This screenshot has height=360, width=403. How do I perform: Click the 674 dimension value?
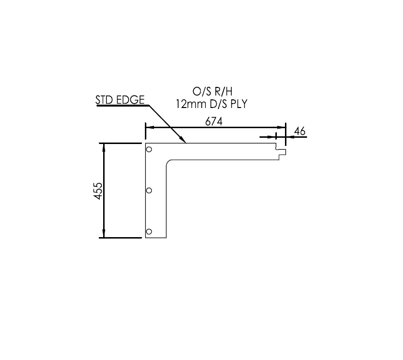214,121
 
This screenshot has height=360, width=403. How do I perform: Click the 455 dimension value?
97,191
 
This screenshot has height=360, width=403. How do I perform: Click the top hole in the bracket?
149,149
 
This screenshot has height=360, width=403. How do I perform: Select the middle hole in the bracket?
149,191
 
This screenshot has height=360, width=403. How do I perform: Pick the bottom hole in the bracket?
149,232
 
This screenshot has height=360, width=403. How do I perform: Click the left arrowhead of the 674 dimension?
149,128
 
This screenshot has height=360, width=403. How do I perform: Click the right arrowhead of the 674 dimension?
282,128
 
